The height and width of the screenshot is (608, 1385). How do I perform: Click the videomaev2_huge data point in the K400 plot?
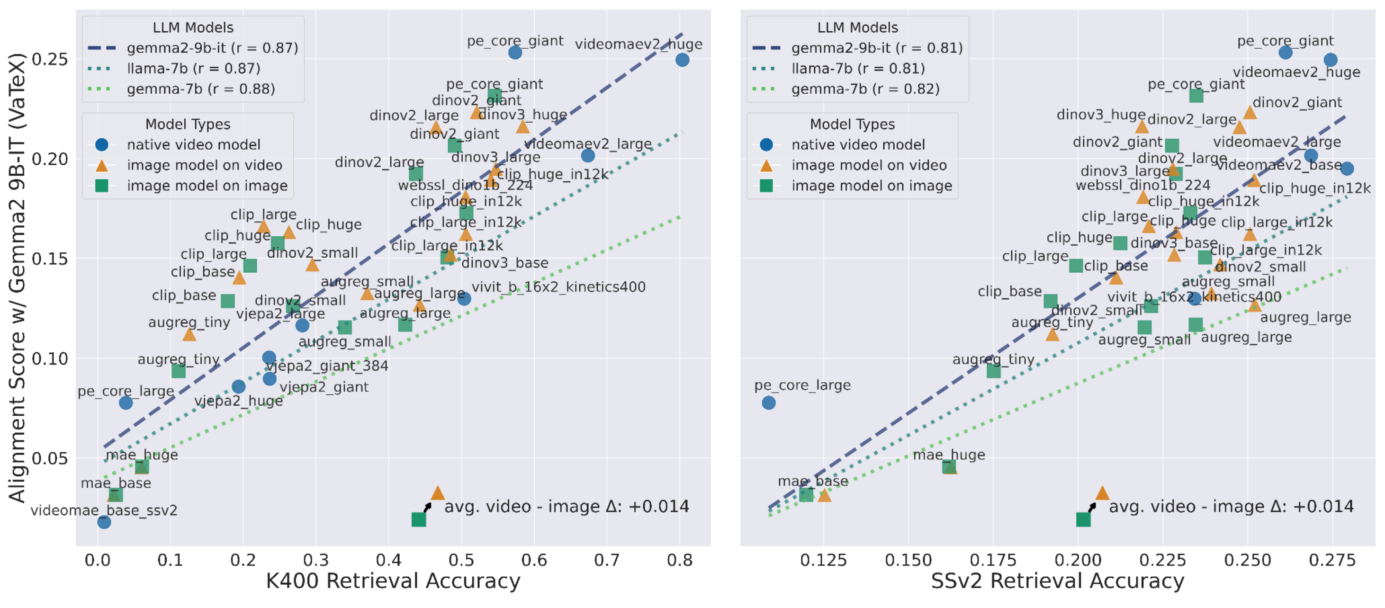[682, 60]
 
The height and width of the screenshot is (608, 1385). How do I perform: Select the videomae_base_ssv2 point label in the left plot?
[104, 510]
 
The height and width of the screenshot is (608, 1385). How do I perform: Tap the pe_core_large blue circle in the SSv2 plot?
[768, 402]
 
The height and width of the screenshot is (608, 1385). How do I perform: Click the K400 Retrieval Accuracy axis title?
[393, 581]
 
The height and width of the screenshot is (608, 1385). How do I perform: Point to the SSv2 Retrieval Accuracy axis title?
[1057, 581]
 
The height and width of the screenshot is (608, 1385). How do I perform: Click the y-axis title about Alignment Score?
[17, 278]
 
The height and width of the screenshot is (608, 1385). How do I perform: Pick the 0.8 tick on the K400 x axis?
[680, 560]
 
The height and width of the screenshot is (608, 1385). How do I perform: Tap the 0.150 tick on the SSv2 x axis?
[908, 560]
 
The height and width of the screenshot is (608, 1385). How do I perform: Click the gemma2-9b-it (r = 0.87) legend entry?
[212, 48]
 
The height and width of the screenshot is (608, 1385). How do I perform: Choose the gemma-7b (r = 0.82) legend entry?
[865, 89]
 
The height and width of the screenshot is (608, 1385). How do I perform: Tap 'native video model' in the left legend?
[194, 144]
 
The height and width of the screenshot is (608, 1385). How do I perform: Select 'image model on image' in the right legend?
[872, 186]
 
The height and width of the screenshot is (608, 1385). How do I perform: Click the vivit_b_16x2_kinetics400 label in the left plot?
[558, 287]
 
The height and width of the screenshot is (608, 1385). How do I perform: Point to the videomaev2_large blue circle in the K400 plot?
[588, 155]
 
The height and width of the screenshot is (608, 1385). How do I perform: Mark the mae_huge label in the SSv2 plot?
[949, 455]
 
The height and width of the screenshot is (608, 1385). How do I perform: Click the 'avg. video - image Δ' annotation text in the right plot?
[1231, 506]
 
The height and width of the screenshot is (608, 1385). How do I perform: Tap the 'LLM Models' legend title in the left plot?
[193, 27]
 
